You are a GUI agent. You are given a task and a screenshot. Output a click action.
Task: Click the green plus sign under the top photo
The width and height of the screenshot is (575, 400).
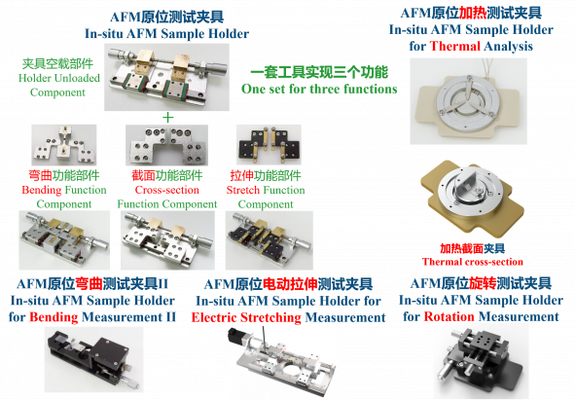click(167, 118)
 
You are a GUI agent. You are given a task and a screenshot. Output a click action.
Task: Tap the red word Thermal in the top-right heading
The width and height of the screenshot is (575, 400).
click(454, 47)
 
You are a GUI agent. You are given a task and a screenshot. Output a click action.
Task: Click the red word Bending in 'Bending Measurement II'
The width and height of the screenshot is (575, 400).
click(54, 316)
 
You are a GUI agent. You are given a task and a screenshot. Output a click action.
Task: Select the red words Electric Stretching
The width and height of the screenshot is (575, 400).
click(246, 317)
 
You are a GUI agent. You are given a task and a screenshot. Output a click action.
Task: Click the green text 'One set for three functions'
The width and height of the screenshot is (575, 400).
click(319, 89)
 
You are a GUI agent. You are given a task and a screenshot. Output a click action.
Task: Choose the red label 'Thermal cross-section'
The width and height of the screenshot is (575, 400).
click(472, 262)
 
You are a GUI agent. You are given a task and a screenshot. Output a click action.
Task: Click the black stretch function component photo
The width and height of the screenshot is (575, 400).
click(269, 144)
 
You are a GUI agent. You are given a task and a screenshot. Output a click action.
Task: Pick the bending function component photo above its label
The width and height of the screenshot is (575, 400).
click(64, 145)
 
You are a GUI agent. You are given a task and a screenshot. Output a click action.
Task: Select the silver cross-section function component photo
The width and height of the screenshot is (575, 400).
click(166, 145)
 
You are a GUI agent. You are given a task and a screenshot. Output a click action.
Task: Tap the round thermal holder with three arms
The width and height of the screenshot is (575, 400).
click(468, 101)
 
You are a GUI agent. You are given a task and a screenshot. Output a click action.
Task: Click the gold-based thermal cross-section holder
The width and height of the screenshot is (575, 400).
click(472, 198)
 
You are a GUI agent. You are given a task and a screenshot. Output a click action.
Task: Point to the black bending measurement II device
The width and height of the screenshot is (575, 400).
click(93, 360)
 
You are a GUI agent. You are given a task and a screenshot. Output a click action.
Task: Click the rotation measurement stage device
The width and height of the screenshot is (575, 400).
click(482, 360)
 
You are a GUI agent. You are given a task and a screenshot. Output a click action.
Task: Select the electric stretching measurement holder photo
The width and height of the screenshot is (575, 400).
click(281, 361)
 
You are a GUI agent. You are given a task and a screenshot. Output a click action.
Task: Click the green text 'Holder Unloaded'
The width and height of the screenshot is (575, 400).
click(59, 78)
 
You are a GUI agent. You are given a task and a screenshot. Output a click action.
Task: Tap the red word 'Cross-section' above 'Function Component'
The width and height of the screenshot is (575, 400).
click(166, 190)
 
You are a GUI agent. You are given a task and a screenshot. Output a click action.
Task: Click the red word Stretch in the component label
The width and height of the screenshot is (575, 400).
click(242, 190)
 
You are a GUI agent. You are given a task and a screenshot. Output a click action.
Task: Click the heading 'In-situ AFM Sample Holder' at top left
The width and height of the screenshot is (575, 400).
click(166, 34)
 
